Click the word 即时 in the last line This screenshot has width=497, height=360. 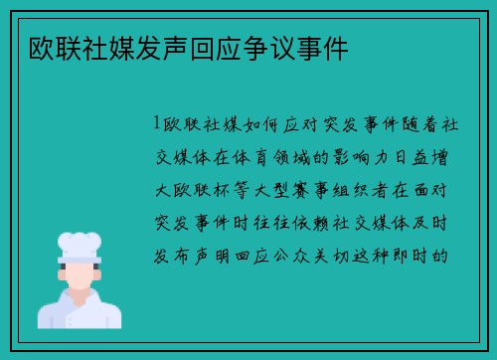coord(421,254)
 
